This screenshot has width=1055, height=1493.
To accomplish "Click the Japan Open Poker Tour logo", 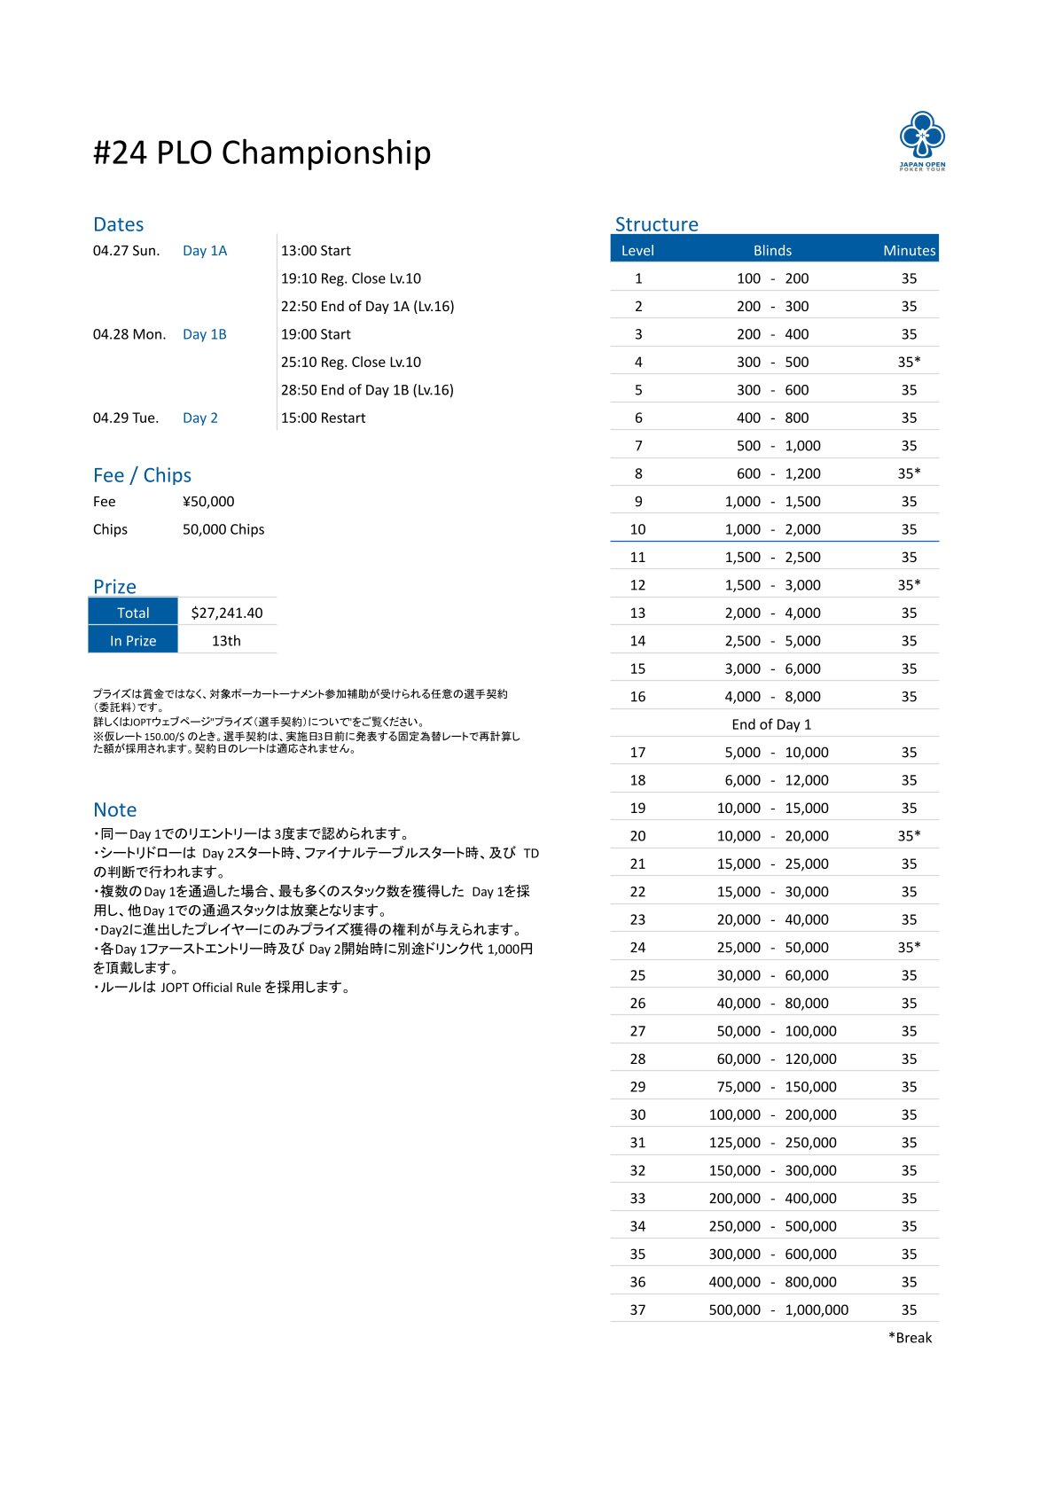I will (x=922, y=140).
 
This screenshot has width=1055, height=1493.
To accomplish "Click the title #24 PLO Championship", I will (x=262, y=152).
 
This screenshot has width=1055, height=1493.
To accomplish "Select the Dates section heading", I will (x=118, y=224).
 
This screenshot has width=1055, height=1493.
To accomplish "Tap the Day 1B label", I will (x=205, y=334).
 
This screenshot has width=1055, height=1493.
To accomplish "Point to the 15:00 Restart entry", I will (x=323, y=418).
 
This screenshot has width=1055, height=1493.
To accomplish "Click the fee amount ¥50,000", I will (x=208, y=502).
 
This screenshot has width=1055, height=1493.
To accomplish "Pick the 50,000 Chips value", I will (x=223, y=529).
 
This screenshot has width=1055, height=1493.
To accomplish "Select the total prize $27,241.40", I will (x=227, y=613).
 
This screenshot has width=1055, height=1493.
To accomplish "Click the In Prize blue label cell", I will (x=133, y=641).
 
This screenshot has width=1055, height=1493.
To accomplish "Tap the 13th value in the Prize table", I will (x=226, y=641).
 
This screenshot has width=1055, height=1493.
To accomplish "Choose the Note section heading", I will (x=114, y=809).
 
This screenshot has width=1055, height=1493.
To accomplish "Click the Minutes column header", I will (x=909, y=251).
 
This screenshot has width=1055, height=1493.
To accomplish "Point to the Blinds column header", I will (x=772, y=251).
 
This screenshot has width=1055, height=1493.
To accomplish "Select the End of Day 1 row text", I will (x=771, y=724).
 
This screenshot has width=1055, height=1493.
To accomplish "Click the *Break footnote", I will (x=910, y=1338).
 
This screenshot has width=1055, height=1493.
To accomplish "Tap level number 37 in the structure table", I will (x=637, y=1309).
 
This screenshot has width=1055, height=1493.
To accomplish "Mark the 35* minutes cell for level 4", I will (x=909, y=362).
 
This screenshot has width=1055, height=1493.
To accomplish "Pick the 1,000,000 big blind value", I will (x=817, y=1309).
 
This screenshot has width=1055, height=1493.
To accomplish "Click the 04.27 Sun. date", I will (x=126, y=251).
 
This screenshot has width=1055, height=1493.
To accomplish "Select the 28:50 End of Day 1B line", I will (x=367, y=390).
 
